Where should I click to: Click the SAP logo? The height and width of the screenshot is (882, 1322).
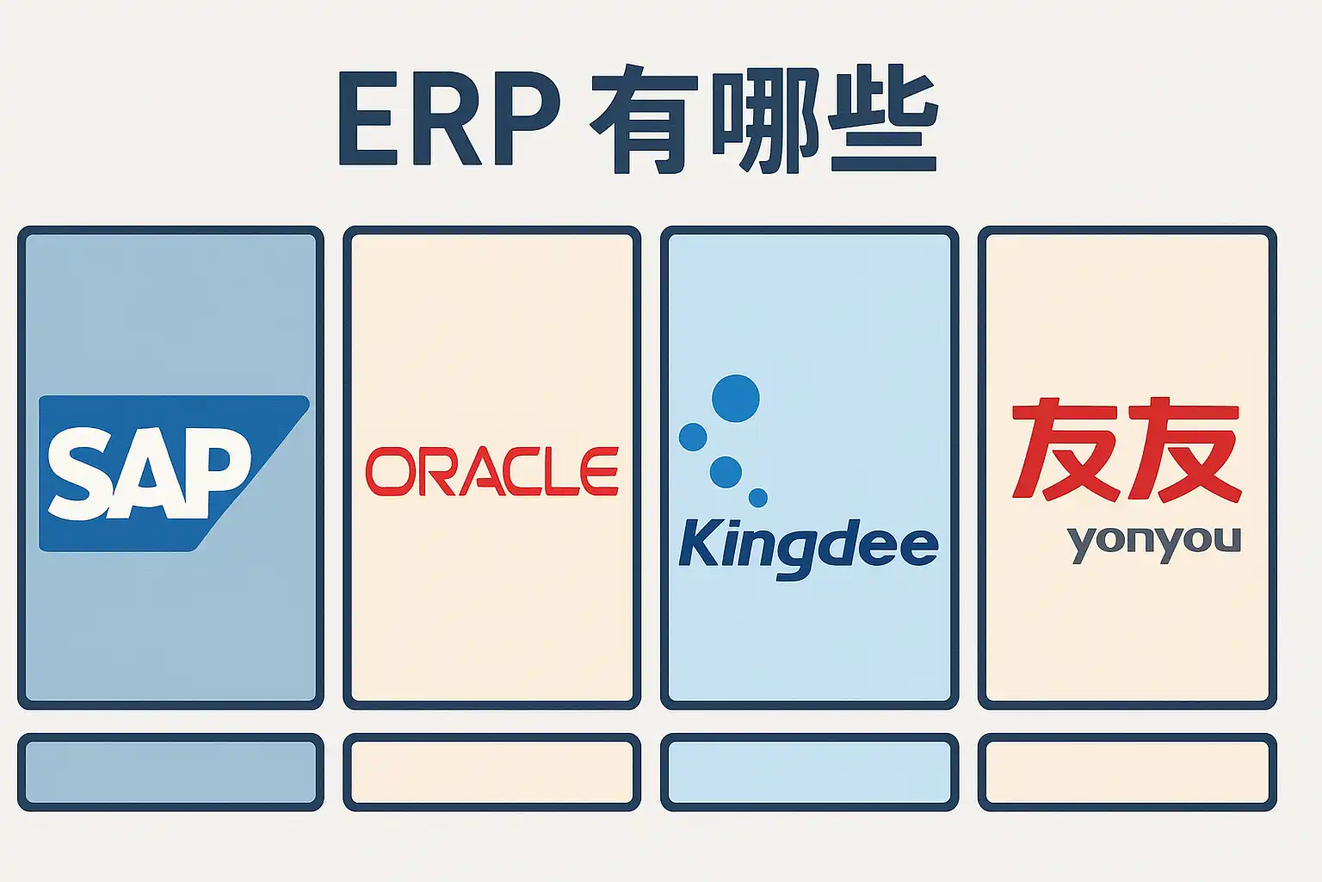click(172, 473)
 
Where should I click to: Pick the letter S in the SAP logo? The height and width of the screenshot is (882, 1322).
click(82, 475)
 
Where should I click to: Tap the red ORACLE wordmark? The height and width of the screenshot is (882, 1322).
click(492, 471)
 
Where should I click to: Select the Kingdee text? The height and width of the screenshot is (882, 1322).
click(808, 545)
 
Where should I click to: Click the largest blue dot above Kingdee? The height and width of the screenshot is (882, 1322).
click(736, 399)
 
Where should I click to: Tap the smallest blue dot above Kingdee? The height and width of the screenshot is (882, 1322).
click(758, 497)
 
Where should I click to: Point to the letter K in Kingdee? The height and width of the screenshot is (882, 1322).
click(699, 543)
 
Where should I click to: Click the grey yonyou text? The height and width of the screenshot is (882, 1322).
click(1153, 542)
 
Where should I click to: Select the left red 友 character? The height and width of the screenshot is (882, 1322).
click(1066, 449)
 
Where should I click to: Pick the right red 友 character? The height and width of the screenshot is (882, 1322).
click(1185, 449)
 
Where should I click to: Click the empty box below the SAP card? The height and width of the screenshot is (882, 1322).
click(170, 772)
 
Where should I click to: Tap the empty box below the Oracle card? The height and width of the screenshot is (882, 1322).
click(491, 772)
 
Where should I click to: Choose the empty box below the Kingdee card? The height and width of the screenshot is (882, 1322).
click(809, 772)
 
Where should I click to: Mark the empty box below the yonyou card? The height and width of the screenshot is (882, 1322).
click(1127, 772)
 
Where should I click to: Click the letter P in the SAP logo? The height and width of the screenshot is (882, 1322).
click(221, 469)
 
